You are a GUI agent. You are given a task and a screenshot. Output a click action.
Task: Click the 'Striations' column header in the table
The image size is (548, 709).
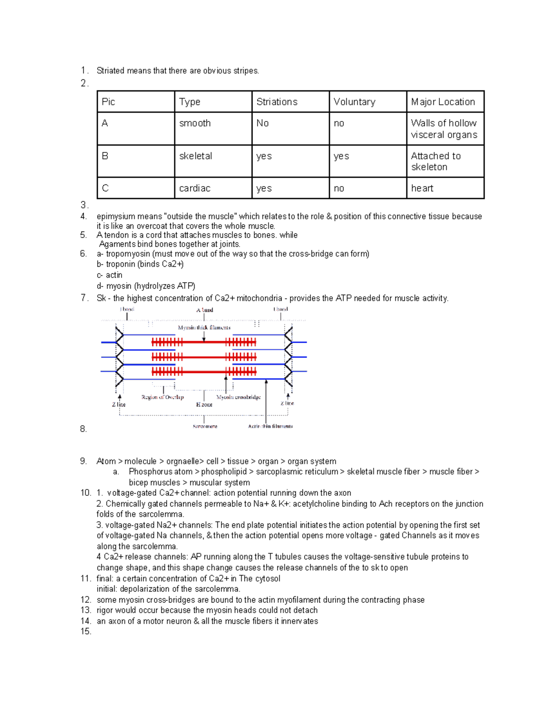coord(277,102)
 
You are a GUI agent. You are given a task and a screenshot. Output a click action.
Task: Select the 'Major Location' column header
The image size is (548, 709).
coord(443,102)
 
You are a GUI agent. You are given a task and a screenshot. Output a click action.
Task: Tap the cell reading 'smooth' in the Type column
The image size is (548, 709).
coord(195,123)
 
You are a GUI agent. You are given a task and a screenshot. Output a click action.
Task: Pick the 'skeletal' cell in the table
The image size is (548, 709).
coord(195,156)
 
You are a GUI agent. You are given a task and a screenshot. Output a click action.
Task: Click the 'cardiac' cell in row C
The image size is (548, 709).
coord(195,188)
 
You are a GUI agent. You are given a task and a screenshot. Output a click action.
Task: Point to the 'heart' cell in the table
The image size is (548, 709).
coord(422,188)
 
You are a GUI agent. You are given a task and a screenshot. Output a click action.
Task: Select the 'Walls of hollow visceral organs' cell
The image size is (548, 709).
coord(444,129)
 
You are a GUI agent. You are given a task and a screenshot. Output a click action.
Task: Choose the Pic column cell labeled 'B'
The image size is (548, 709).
coord(105,156)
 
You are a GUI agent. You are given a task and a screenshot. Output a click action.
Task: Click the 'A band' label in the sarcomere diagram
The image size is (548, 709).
coord(205,310)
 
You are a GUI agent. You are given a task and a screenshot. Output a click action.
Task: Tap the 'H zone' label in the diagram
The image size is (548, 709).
coord(204,404)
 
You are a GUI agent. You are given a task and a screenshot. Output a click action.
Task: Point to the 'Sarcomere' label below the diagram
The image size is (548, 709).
coord(205,426)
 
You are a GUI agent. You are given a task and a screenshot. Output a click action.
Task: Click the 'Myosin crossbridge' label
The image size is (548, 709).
coord(238,397)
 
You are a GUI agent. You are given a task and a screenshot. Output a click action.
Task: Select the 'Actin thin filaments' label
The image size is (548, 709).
coord(270,426)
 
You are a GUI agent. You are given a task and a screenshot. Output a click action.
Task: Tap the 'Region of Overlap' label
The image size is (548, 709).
coord(163,397)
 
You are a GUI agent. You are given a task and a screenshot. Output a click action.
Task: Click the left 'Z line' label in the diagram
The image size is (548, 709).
coord(119,404)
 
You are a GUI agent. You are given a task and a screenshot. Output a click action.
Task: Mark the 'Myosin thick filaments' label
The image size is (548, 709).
coord(204,327)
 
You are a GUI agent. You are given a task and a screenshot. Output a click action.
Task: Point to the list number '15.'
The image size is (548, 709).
coord(85,631)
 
